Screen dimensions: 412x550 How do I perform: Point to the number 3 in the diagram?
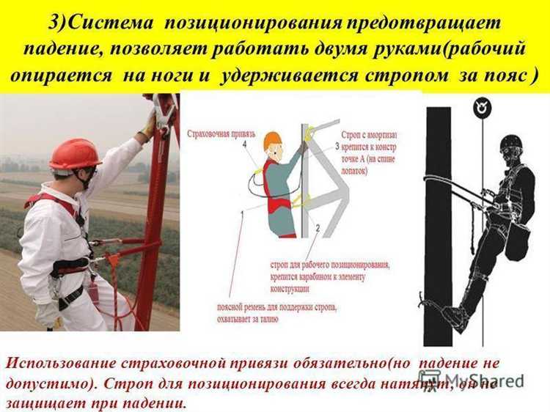[x=336, y=147]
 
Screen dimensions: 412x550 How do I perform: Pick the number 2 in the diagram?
[x=317, y=229]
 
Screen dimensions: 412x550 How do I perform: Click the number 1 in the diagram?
[x=243, y=213]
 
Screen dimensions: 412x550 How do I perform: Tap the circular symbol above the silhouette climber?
[x=482, y=107]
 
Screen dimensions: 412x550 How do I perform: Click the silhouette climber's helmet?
[x=511, y=143]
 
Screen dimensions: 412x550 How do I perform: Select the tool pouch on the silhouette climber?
[x=517, y=242]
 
